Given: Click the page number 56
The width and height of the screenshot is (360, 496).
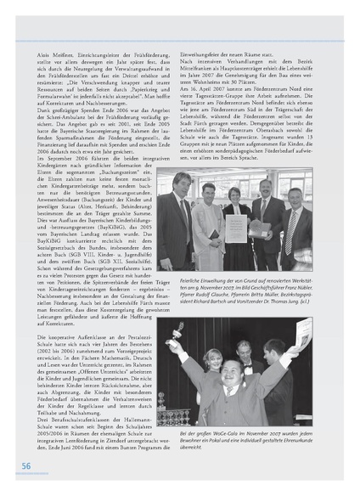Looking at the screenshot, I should pyautogui.click(x=26, y=465).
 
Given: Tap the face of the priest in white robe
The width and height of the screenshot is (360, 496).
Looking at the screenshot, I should pyautogui.click(x=209, y=189).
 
